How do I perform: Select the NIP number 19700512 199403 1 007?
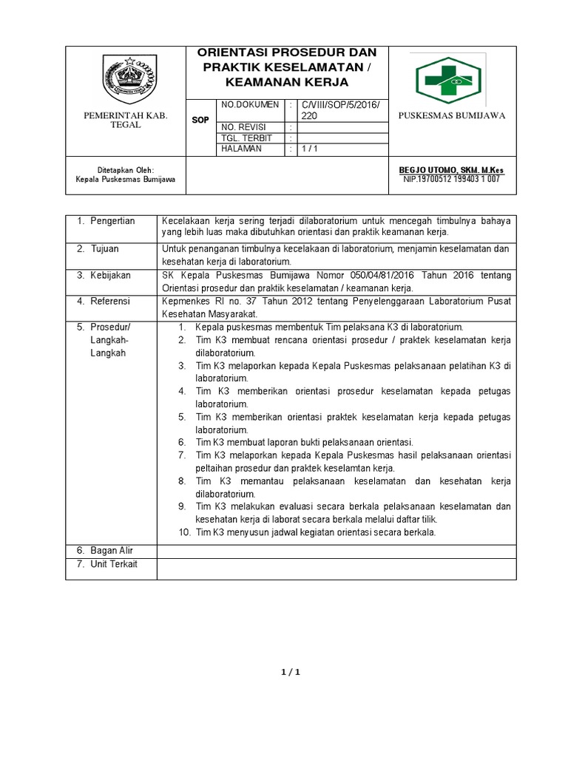coord(451,179)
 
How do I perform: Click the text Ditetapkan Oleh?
coord(125,169)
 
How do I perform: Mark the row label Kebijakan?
coord(110,275)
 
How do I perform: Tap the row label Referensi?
coord(110,301)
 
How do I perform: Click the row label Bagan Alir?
coord(112,550)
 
